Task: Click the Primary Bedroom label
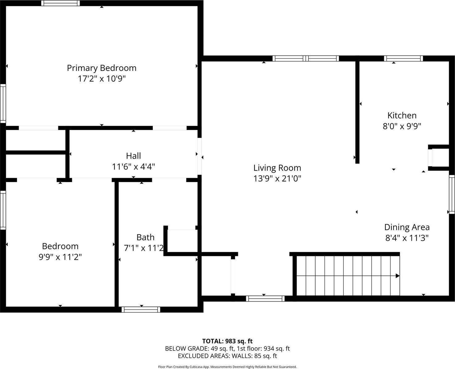(101, 68)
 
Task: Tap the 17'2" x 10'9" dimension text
(101, 79)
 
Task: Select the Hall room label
(133, 156)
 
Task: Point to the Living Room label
(277, 168)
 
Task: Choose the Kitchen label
(402, 116)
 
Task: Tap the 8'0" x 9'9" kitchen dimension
(402, 126)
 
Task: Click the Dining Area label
(407, 227)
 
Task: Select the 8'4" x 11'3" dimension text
(407, 238)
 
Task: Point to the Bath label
(145, 237)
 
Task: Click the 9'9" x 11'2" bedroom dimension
(60, 257)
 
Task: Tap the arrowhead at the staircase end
(398, 276)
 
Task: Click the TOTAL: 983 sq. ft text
(227, 341)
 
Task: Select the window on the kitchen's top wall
(403, 59)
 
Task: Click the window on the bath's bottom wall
(141, 310)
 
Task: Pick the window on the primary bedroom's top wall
(60, 3)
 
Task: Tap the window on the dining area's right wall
(452, 194)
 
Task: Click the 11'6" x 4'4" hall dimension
(133, 167)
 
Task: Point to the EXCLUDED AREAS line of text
(227, 356)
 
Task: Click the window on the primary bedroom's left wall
(3, 103)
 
